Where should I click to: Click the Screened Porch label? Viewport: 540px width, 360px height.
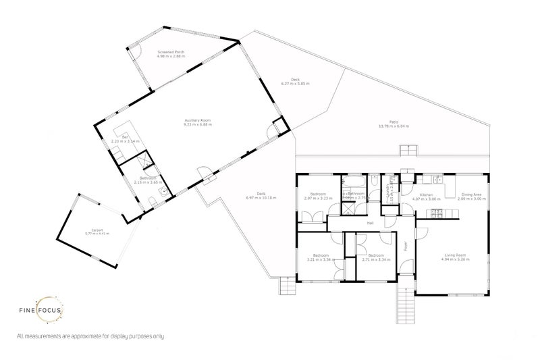(x=171, y=51)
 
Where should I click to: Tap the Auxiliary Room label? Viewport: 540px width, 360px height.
(x=198, y=121)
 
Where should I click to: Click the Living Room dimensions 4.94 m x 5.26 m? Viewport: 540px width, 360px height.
(x=454, y=259)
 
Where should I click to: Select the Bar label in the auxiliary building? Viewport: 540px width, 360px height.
(x=125, y=137)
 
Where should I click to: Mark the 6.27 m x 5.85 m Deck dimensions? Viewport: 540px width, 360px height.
(x=295, y=84)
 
